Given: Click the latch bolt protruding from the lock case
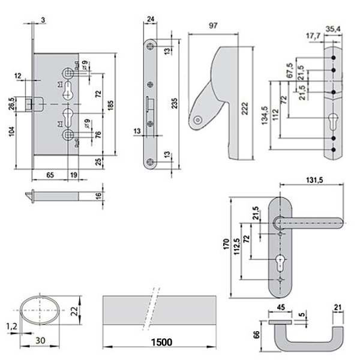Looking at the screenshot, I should click(x=31, y=106).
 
